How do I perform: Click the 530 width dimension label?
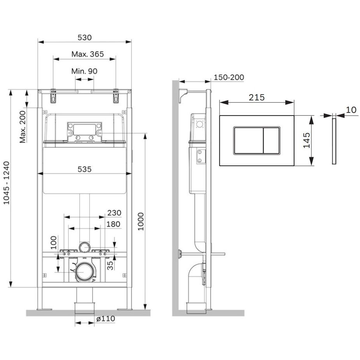click(84, 37)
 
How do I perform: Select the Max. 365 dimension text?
click(88, 54)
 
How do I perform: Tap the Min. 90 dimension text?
click(84, 71)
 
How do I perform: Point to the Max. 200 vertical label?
click(23, 127)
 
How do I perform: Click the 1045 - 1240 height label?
click(6, 183)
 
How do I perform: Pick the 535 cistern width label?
click(84, 169)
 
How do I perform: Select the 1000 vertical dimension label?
click(140, 221)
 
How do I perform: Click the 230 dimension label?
click(114, 213)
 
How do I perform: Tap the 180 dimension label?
click(113, 224)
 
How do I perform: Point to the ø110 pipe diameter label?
click(105, 319)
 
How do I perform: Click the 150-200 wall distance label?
click(229, 77)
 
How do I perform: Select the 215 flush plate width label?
click(257, 98)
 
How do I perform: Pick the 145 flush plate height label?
click(307, 140)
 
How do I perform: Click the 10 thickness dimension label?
click(351, 110)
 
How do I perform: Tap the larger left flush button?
click(248, 140)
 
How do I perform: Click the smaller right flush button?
click(271, 140)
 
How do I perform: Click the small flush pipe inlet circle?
click(84, 248)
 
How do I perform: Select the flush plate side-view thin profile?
click(334, 141)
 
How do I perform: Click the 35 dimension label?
click(110, 265)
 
